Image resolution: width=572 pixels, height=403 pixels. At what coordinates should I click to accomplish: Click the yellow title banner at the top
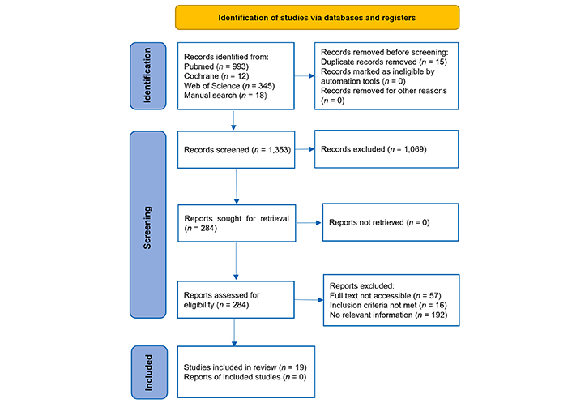point(317,18)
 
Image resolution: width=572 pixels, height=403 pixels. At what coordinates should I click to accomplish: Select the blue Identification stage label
point(148,76)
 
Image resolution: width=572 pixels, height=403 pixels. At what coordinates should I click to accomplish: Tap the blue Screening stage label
point(148,225)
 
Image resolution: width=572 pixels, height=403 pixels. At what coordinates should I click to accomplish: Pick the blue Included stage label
point(149,372)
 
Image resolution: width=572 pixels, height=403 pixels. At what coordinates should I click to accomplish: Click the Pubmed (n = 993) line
point(216,66)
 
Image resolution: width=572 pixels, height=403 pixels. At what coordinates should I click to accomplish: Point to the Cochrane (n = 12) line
point(216,76)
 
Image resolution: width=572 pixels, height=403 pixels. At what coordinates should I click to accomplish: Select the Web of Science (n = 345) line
point(229,86)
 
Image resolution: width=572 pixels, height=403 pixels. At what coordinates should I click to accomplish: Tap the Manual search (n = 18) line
point(225,95)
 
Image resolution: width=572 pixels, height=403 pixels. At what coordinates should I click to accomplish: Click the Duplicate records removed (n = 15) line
point(384,62)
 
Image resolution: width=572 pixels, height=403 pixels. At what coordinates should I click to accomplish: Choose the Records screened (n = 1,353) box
point(236,150)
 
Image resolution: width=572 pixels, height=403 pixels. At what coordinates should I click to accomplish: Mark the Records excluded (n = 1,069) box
point(386,149)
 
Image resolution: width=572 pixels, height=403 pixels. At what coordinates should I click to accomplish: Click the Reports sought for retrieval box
point(237,223)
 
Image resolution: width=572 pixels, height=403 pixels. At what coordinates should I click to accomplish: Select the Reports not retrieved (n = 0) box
point(391,222)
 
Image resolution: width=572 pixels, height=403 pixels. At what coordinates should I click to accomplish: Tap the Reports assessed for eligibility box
point(236,300)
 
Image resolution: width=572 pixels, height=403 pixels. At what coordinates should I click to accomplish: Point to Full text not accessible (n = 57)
point(385,295)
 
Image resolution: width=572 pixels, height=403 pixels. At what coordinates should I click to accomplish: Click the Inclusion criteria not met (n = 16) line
point(388,305)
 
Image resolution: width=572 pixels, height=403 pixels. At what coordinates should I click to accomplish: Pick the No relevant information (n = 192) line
point(389,315)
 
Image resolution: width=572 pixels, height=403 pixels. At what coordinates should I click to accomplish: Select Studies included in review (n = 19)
point(245,367)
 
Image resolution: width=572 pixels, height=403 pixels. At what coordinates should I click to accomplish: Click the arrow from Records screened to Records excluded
point(305,149)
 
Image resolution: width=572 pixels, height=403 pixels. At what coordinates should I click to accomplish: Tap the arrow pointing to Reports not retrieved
point(309,223)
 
